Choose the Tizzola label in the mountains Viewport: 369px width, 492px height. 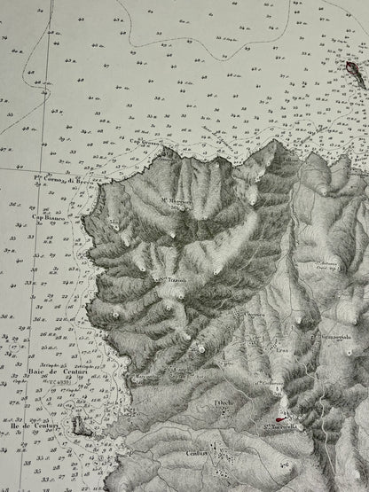pos(183,281)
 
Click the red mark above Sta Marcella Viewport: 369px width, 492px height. pos(281,420)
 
